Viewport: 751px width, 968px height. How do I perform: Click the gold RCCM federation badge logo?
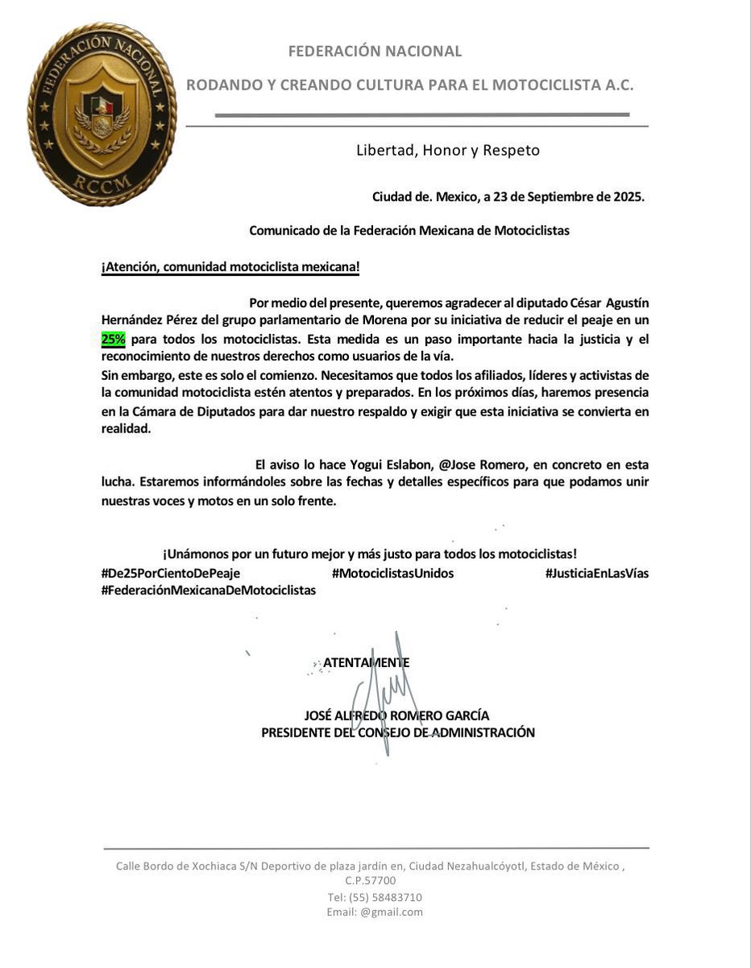[102, 114]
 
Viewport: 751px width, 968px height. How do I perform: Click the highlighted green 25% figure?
[113, 340]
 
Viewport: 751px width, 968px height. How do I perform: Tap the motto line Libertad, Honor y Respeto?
[448, 150]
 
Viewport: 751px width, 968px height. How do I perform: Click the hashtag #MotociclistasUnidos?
[392, 573]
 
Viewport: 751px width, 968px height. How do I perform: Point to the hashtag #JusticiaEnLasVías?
[596, 573]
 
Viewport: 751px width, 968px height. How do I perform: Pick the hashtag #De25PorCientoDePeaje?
[171, 573]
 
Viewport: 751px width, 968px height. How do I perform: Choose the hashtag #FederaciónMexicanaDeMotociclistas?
[209, 590]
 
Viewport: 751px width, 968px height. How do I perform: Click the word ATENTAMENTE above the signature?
[366, 662]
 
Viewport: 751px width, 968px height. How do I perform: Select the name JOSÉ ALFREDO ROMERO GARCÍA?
[396, 715]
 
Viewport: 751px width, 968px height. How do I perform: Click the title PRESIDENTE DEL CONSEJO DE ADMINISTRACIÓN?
[398, 732]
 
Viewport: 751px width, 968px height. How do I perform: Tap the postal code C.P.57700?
[371, 881]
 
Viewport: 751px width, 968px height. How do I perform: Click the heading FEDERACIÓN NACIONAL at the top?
[375, 52]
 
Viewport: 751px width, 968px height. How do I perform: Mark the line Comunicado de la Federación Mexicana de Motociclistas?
[409, 230]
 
